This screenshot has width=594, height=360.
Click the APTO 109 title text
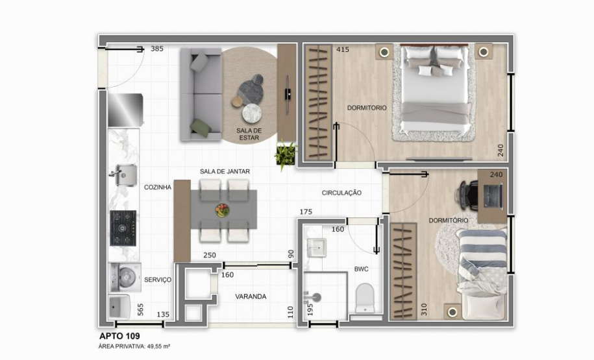point(120,336)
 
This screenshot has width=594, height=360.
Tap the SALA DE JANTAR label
point(225,171)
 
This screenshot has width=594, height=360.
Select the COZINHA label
point(158,187)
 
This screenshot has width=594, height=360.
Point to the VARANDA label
point(251,296)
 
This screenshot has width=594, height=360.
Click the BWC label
point(361,269)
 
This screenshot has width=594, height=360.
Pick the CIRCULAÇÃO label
point(341,193)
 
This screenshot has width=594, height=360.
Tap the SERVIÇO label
point(158,280)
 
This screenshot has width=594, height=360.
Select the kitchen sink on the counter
point(123,174)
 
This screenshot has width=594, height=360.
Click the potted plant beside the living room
point(286,156)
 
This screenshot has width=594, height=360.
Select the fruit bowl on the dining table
point(223,210)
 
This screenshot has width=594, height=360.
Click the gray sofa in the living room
point(201,94)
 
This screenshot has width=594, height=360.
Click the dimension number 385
point(156,49)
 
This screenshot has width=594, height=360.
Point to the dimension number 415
point(343,49)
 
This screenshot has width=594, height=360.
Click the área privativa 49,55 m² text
point(134,347)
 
